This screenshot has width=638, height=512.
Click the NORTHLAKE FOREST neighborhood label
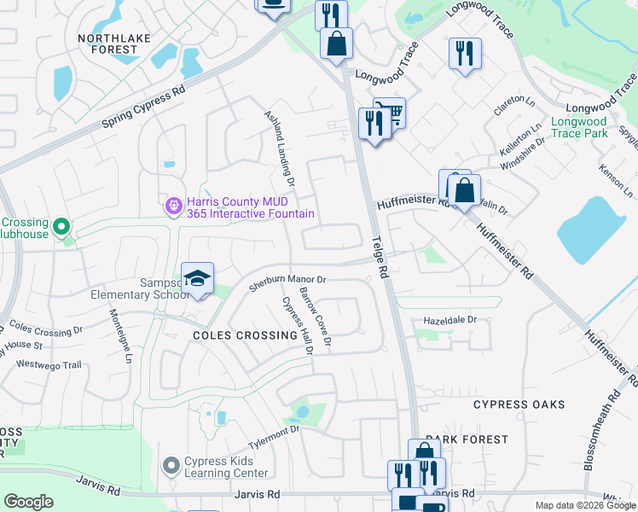[x=107, y=44]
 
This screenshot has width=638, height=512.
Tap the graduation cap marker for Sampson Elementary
[x=197, y=279]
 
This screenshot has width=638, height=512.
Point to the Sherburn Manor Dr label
[x=287, y=283]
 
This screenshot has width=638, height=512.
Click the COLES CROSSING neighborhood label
[x=245, y=335]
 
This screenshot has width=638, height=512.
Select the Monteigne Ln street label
[x=120, y=335]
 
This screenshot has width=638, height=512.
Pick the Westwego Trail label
[x=49, y=365]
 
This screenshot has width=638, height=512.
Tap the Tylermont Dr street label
[x=274, y=437]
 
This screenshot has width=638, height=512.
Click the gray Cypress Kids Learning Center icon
[x=171, y=466]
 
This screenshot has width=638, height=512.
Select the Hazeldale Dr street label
[x=449, y=320]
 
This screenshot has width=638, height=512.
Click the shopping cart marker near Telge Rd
[x=390, y=112]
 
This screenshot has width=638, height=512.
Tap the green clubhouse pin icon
[x=61, y=227]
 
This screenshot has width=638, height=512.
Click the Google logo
[x=28, y=502]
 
